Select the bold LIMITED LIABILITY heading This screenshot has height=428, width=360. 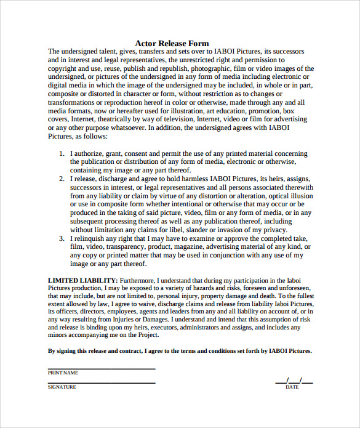pyautogui.click(x=82, y=280)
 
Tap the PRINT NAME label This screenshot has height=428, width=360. pyautogui.click(x=63, y=373)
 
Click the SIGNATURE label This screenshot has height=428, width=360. pyautogui.click(x=62, y=387)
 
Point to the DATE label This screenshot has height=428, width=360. pyautogui.click(x=292, y=387)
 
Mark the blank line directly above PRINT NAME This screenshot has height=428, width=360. pyautogui.click(x=101, y=369)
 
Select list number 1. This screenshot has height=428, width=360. pyautogui.click(x=62, y=153)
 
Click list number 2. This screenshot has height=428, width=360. pyautogui.click(x=62, y=179)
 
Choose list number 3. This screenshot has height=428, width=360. pyautogui.click(x=62, y=238)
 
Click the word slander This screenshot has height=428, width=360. pyautogui.click(x=202, y=229)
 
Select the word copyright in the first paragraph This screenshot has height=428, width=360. pyautogui.click(x=64, y=69)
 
